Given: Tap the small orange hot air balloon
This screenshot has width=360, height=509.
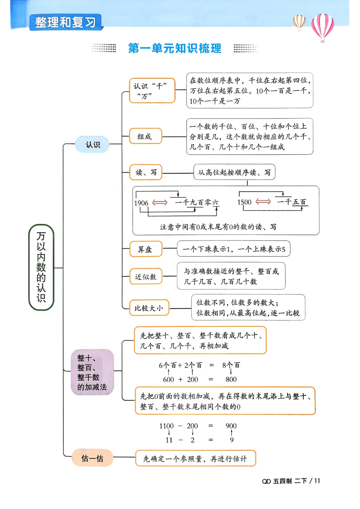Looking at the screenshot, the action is [x=299, y=22].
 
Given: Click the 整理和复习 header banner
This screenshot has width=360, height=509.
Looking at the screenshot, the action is [x=66, y=22].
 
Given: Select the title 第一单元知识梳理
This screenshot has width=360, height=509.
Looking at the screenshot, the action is [x=175, y=48].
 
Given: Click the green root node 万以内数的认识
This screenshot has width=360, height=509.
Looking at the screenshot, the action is [x=41, y=267].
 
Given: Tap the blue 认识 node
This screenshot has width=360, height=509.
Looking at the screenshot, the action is [x=92, y=144].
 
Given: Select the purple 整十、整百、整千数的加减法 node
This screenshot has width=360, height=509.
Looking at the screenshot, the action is [x=92, y=372].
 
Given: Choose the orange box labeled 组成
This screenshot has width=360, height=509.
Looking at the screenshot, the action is [x=146, y=136].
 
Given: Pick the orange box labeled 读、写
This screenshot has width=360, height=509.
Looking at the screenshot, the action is [x=146, y=172].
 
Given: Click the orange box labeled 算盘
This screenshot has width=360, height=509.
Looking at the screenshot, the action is [x=146, y=249].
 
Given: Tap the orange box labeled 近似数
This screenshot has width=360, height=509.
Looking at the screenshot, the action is [x=146, y=276].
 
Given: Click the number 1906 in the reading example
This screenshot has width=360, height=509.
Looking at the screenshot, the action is [x=141, y=203].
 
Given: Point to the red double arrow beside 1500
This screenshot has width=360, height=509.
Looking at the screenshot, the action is [x=263, y=201].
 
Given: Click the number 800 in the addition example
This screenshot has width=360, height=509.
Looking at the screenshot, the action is [x=231, y=379].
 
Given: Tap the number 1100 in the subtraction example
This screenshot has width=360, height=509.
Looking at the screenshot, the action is [x=166, y=426].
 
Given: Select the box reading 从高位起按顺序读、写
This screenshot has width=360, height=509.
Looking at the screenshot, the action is [x=234, y=172].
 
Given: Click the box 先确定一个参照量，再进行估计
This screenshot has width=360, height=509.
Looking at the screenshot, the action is [x=196, y=458].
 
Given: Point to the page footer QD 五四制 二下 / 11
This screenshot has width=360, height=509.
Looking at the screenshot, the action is [x=291, y=481].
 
